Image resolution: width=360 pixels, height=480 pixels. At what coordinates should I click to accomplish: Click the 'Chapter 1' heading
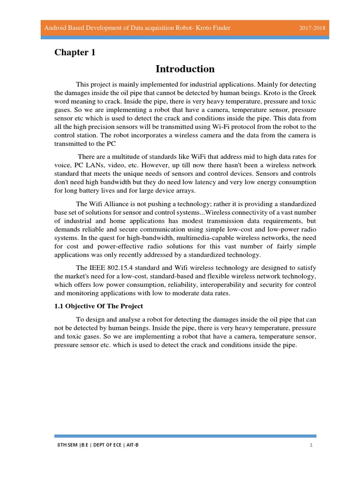[x=75, y=52]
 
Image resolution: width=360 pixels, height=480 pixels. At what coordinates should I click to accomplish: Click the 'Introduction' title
[x=185, y=69]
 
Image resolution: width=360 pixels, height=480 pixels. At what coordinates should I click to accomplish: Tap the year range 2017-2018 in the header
[x=313, y=29]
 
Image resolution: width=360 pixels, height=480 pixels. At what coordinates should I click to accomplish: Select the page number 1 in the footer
[x=310, y=445]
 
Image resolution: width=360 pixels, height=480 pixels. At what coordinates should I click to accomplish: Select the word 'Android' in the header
[x=55, y=29]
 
